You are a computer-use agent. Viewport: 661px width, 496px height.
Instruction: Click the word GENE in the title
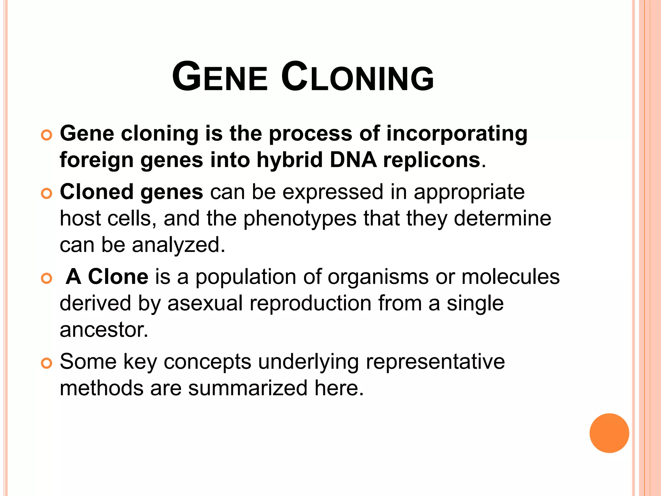click(x=220, y=77)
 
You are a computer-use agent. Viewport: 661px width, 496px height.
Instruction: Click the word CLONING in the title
click(x=358, y=77)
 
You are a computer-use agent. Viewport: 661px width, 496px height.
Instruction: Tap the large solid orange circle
click(x=609, y=433)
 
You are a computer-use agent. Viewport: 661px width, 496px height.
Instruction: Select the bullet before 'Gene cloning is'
click(x=47, y=135)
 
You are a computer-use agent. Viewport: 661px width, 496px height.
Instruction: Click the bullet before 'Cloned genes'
click(x=47, y=194)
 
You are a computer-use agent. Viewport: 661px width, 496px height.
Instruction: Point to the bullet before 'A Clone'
click(x=47, y=278)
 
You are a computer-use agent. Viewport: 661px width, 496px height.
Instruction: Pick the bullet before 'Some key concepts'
click(x=47, y=363)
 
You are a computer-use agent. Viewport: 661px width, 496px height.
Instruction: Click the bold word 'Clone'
click(x=118, y=277)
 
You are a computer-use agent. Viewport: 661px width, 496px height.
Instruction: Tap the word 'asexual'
click(x=205, y=304)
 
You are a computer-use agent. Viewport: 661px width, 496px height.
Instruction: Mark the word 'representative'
click(x=435, y=362)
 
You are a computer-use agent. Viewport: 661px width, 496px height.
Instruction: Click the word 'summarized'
click(x=248, y=388)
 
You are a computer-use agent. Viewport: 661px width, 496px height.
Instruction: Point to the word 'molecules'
click(x=510, y=277)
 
